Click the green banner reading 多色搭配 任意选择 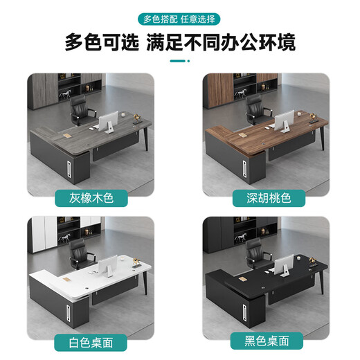point(179,19)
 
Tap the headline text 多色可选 point(101,44)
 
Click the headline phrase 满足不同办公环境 point(221,44)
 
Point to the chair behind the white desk point(81,253)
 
